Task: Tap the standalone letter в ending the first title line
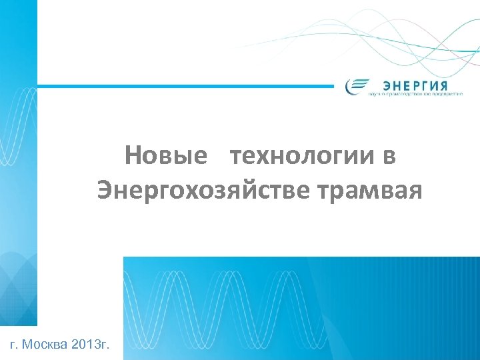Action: coord(389,157)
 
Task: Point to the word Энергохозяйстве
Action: coord(204,191)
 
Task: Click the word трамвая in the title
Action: coord(371,191)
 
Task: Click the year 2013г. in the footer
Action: coord(93,345)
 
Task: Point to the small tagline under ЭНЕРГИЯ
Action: coord(415,95)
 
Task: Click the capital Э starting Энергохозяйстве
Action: coord(104,191)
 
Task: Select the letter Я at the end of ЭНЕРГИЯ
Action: coord(443,85)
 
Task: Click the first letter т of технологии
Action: coord(235,157)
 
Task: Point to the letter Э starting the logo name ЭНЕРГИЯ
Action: coord(387,85)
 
